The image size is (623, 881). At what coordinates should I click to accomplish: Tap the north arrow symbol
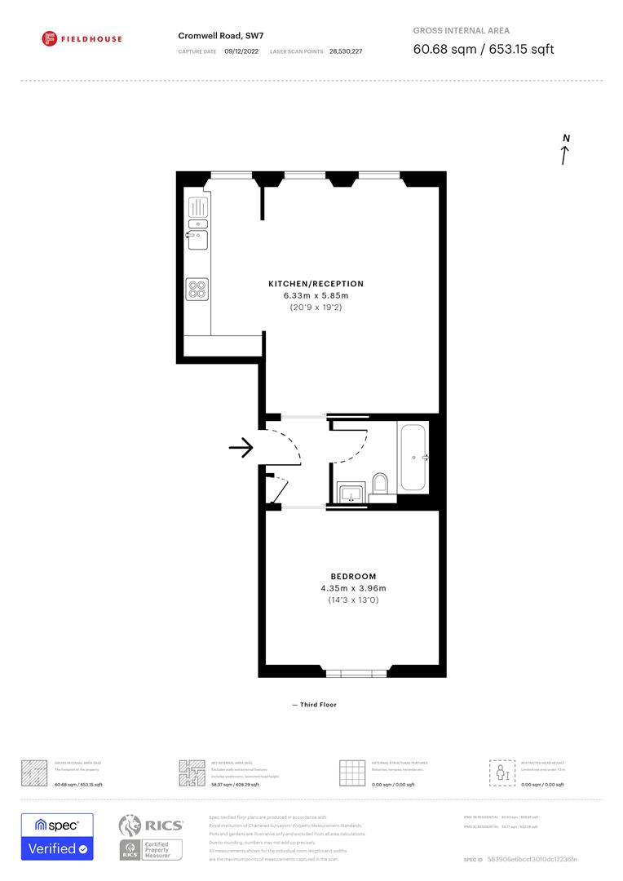565,151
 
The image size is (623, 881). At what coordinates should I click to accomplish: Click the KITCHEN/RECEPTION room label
316,284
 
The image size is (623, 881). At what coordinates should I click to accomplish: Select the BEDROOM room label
353,576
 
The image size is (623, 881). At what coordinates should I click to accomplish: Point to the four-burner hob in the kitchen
197,290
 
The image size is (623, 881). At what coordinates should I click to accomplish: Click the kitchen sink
197,240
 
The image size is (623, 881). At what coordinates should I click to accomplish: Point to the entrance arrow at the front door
242,448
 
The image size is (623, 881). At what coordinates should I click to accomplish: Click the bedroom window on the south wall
352,673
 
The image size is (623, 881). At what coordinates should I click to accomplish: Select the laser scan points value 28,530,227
346,51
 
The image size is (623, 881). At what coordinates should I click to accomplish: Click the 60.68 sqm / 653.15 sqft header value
484,49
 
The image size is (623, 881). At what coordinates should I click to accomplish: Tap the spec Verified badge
57,836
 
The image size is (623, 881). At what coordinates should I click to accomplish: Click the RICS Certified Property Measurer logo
151,837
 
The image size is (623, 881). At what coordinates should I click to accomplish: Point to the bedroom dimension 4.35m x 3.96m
353,588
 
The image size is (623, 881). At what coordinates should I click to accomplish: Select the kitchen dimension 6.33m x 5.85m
316,295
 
